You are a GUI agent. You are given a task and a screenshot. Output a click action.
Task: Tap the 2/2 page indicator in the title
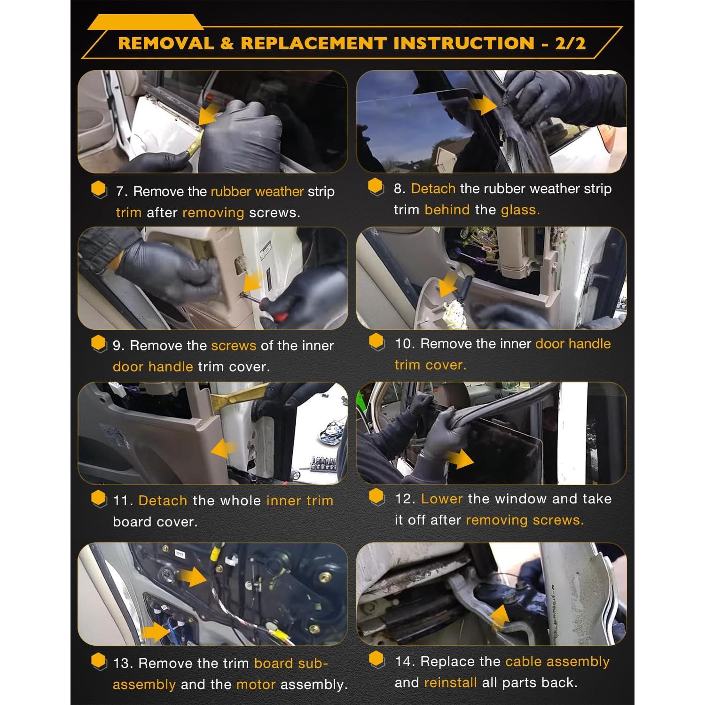tap(570, 43)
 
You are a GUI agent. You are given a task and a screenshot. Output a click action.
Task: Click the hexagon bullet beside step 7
tap(99, 190)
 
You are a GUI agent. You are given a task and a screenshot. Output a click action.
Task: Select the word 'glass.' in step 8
tap(520, 210)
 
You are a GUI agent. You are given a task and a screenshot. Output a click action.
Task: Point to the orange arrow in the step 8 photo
tap(482, 105)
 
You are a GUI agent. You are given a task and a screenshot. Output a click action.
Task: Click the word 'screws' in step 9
tap(234, 345)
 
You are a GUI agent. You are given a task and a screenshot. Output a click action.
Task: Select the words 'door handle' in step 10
tap(573, 344)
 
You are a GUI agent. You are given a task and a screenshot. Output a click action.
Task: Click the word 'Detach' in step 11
tap(163, 501)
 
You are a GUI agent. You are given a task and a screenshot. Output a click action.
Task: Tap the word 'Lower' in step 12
tap(442, 499)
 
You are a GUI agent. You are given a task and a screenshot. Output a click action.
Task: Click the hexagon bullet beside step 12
tap(377, 497)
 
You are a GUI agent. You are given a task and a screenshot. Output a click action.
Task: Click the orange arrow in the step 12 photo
tap(459, 458)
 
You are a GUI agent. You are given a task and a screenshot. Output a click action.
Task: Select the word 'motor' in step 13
tap(256, 684)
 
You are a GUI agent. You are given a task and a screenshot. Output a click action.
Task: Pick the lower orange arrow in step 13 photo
tap(155, 632)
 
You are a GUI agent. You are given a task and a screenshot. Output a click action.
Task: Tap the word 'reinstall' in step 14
tap(450, 682)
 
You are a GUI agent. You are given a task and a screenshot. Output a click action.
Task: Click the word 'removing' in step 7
tap(213, 213)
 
